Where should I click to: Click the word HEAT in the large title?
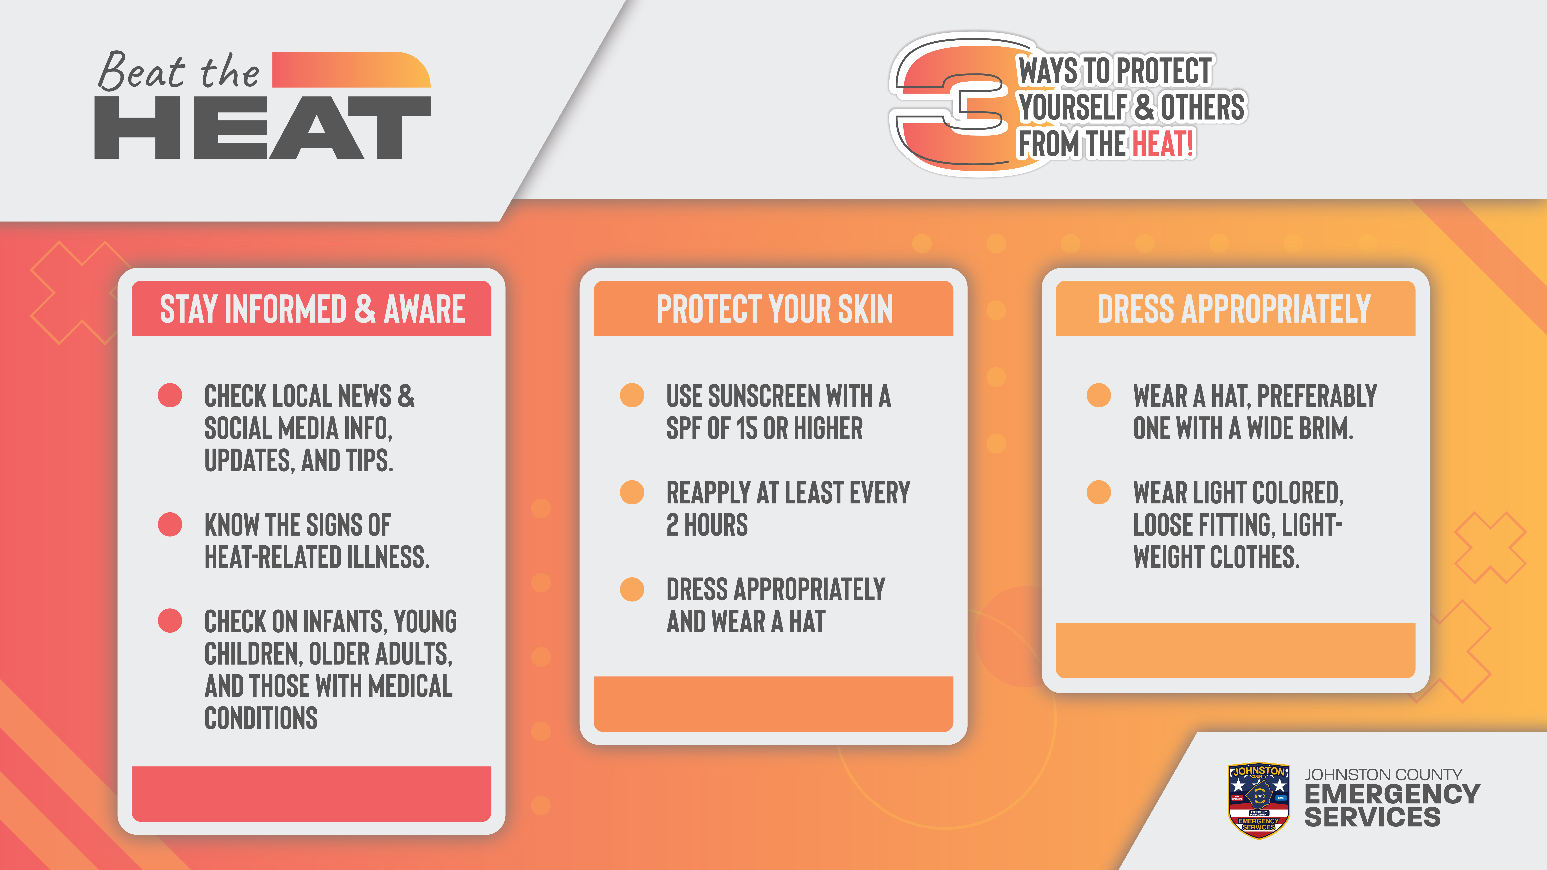pyautogui.click(x=262, y=127)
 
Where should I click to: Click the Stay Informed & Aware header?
pyautogui.click(x=312, y=309)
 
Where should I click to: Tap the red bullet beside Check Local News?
pyautogui.click(x=170, y=396)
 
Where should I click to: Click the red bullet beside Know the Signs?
pyautogui.click(x=170, y=524)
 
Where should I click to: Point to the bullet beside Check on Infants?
pyautogui.click(x=170, y=621)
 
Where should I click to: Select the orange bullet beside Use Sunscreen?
pyautogui.click(x=632, y=396)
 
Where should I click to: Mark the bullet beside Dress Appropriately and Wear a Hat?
pyautogui.click(x=632, y=589)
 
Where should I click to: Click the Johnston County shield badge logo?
pyautogui.click(x=1259, y=800)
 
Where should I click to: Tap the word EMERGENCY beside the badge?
pyautogui.click(x=1392, y=794)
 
